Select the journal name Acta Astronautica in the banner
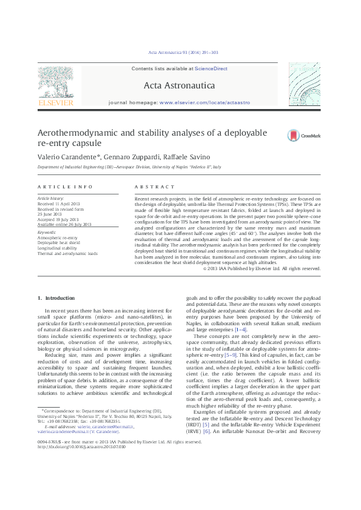[180, 85]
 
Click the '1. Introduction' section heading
[56, 298]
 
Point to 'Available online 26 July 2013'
[64, 224]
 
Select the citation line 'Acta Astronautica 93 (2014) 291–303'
[180, 52]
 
